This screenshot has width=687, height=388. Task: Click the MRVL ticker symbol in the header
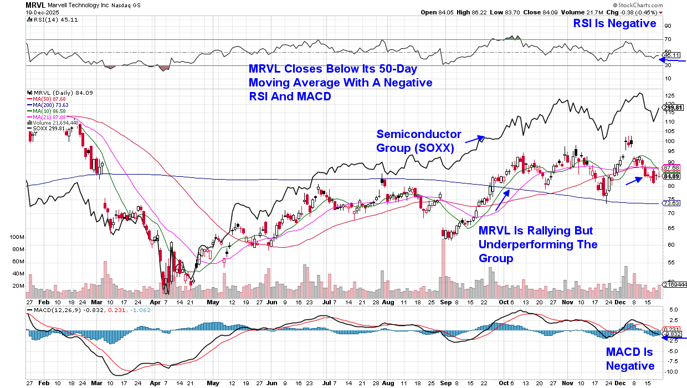click(36, 4)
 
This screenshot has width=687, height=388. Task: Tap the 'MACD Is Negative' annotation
click(630, 359)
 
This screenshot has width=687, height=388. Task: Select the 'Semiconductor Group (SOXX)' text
click(419, 141)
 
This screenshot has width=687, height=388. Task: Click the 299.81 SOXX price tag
click(671, 108)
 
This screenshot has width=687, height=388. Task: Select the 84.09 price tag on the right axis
click(671, 176)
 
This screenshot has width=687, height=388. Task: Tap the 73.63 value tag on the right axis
click(671, 203)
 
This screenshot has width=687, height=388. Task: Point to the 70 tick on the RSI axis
click(668, 39)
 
